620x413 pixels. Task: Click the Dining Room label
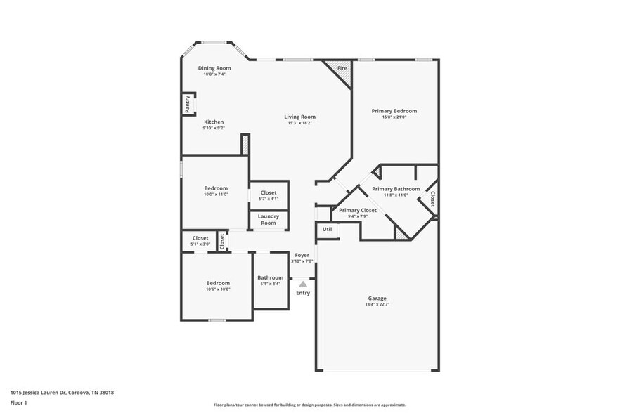214,68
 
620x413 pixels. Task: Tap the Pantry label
188,104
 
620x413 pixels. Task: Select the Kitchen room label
214,122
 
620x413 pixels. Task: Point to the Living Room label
299,117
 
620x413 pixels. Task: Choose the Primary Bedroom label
394,111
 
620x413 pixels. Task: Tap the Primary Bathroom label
396,189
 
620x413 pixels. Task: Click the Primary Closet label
358,210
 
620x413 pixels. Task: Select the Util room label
327,230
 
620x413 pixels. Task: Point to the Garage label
377,299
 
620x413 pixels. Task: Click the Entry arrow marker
303,284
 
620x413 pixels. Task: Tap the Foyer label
302,255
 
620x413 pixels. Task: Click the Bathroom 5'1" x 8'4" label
270,277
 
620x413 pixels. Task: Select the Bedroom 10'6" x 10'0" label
218,283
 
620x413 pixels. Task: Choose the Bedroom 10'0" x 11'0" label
216,188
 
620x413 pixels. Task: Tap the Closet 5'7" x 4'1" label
269,192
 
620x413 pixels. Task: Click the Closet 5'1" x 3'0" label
200,238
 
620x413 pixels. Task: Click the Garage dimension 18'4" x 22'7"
377,305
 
